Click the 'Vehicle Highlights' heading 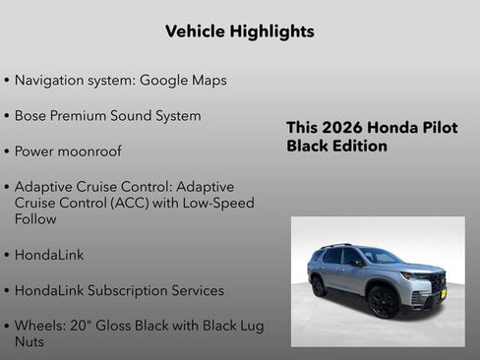click(x=240, y=31)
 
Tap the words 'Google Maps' click(x=184, y=80)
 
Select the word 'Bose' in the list click(x=33, y=116)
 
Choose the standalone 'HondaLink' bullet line click(x=49, y=255)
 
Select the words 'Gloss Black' click(x=137, y=326)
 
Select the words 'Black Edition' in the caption click(x=336, y=147)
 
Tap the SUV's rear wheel click(x=319, y=285)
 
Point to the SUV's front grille click(x=437, y=283)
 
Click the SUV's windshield click(x=379, y=256)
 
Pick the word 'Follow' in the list click(x=35, y=219)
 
